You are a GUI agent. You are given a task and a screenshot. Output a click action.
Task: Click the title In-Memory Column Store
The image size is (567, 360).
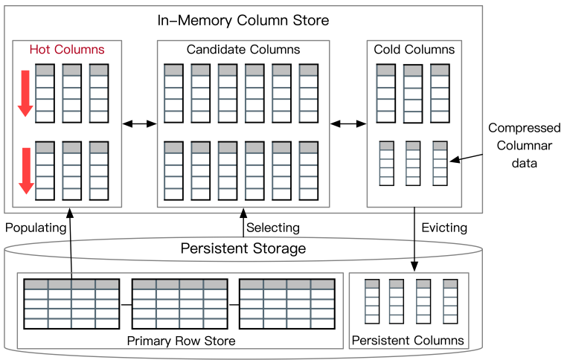(243, 20)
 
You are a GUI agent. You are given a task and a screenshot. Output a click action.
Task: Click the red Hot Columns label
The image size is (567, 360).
(67, 50)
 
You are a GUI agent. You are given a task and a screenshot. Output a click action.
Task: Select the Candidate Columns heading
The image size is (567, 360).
(243, 50)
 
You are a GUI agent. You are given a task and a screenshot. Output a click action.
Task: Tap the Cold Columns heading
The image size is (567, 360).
(414, 50)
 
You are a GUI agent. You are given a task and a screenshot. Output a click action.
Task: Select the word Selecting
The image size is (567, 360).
(273, 227)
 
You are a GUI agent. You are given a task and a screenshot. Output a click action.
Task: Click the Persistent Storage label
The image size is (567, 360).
(243, 248)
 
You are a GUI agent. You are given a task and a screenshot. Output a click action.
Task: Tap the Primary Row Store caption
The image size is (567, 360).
(181, 341)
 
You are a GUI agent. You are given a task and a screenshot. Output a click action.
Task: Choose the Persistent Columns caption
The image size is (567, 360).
(409, 341)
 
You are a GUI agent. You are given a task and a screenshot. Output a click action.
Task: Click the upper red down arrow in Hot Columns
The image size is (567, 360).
(25, 93)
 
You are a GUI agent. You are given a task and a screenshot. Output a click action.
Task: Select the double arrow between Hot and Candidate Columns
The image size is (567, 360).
(139, 123)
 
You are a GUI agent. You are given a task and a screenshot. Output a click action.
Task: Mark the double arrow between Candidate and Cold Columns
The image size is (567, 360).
(348, 123)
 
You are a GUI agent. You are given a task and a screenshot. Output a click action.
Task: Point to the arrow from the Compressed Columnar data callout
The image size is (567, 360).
(467, 157)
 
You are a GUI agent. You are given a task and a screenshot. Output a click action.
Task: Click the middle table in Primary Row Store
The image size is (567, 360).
(179, 303)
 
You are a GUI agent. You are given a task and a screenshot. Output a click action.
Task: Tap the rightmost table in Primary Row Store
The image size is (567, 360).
(286, 303)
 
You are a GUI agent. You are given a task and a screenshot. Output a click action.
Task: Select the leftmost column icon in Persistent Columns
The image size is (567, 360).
(372, 301)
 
